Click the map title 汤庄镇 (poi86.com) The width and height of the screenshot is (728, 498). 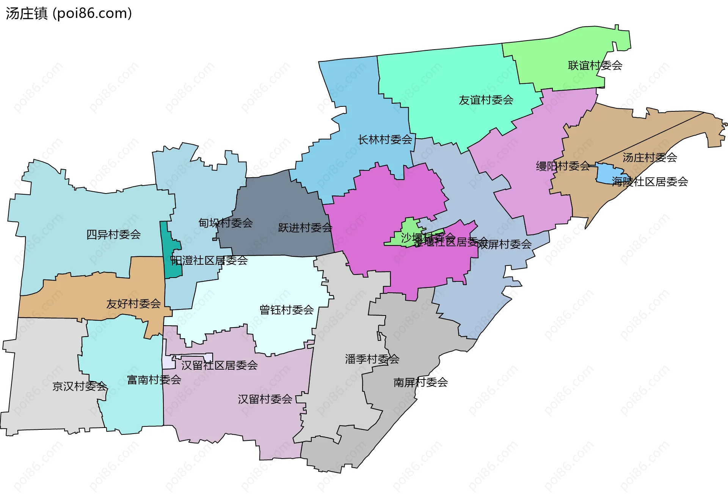click(x=69, y=14)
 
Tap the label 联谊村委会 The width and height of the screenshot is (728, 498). click(x=595, y=66)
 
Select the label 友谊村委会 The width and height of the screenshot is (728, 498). click(x=486, y=100)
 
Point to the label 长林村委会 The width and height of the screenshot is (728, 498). click(x=385, y=140)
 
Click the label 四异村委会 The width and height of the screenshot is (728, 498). click(x=113, y=235)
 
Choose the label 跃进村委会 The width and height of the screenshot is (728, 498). click(x=305, y=228)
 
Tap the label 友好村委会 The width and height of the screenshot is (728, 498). click(x=133, y=304)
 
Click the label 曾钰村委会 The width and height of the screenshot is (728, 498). click(x=286, y=310)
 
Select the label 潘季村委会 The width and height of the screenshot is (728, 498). click(x=372, y=359)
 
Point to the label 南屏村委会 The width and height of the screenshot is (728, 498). click(x=420, y=382)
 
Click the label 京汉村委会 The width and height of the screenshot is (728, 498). click(x=80, y=386)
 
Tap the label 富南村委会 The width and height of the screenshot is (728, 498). click(x=154, y=379)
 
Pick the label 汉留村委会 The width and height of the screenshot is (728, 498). click(x=265, y=399)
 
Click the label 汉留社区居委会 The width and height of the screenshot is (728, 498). click(x=220, y=365)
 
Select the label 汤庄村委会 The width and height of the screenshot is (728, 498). click(x=650, y=158)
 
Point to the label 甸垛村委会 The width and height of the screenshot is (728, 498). click(x=225, y=223)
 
